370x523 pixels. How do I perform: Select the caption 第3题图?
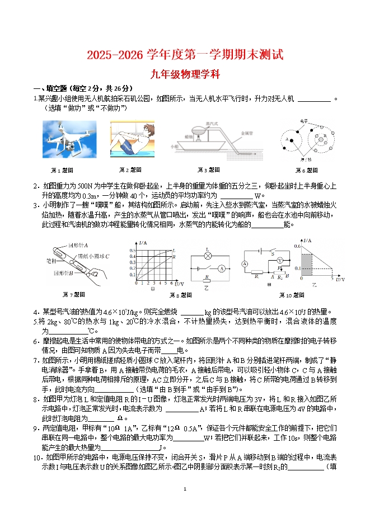[208, 170]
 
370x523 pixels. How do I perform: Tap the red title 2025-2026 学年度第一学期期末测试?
[185, 55]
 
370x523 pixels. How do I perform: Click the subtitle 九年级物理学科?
[185, 73]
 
